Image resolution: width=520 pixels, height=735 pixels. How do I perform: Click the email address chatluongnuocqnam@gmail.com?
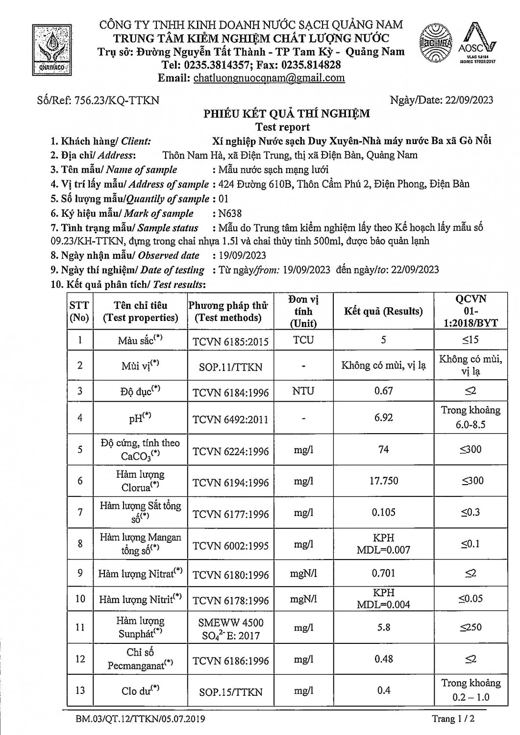pyautogui.click(x=269, y=78)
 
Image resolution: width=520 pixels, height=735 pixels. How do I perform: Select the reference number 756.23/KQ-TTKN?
pyautogui.click(x=117, y=100)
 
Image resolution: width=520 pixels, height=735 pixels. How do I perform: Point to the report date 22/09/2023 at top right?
pyautogui.click(x=470, y=100)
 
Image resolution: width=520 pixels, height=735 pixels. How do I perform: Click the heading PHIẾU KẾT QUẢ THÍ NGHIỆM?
pyautogui.click(x=287, y=114)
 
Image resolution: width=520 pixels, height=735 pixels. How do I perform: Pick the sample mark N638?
pyautogui.click(x=231, y=214)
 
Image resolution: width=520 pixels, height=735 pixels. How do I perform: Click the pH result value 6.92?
pyautogui.click(x=383, y=417)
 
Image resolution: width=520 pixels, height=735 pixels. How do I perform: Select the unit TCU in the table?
pyautogui.click(x=303, y=340)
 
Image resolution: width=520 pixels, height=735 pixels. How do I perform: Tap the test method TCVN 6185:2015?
pyautogui.click(x=231, y=341)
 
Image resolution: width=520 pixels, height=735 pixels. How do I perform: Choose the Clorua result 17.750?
pyautogui.click(x=383, y=481)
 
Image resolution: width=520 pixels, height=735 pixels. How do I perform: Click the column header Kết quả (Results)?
pyautogui.click(x=383, y=311)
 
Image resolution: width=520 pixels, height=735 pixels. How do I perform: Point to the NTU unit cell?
pyautogui.click(x=303, y=391)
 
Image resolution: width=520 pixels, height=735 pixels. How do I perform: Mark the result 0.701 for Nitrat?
pyautogui.click(x=383, y=573)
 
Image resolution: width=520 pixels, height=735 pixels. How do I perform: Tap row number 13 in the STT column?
pyautogui.click(x=80, y=690)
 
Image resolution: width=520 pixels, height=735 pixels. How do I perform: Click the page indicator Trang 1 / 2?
pyautogui.click(x=453, y=719)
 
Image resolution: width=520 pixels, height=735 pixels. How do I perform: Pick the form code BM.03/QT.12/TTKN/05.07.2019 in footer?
pyautogui.click(x=140, y=719)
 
